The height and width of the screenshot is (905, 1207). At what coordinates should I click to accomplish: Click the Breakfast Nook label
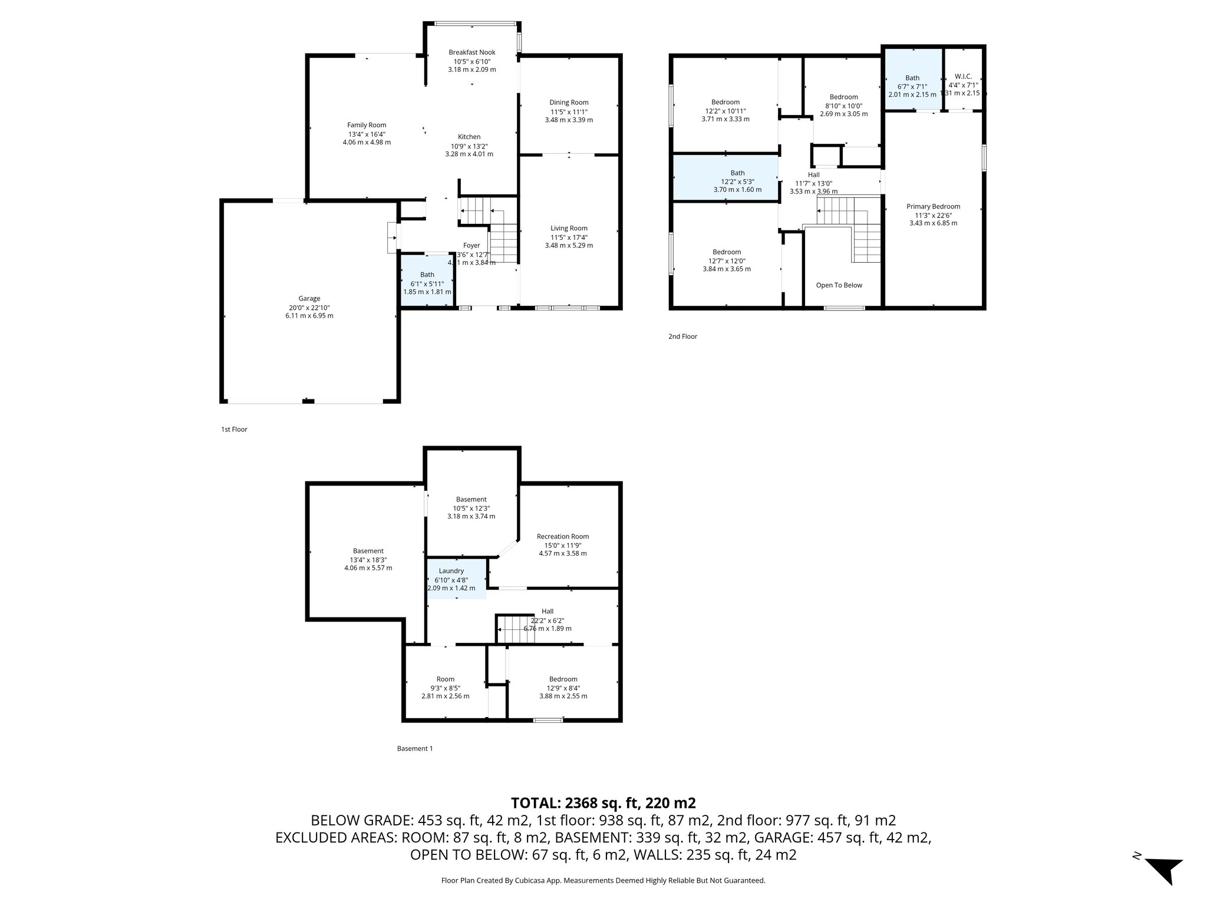point(471,52)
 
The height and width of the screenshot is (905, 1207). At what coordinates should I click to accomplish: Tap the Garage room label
point(309,299)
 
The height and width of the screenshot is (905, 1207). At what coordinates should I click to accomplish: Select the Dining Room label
point(569,103)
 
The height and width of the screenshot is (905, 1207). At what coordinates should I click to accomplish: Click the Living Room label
point(569,229)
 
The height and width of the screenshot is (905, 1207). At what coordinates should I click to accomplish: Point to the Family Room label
point(367,125)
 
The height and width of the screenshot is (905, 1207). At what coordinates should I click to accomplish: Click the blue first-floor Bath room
point(427,281)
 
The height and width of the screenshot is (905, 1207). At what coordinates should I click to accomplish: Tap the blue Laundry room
point(456,579)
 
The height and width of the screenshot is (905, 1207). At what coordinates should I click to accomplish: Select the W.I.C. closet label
point(963,77)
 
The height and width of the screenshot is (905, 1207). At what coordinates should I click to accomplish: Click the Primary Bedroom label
point(933,207)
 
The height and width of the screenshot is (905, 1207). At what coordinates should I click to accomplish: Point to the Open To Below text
point(839,285)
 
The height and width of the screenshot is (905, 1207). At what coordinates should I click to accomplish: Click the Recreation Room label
point(563,537)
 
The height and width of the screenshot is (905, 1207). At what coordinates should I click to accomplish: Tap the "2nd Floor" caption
point(682,336)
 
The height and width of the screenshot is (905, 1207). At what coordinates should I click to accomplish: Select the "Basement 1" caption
point(415,749)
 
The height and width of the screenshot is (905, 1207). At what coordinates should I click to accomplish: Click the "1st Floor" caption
point(234,430)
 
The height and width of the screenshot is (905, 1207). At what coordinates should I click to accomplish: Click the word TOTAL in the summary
point(535,803)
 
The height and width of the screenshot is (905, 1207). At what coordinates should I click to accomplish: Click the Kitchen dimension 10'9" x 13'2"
point(469,146)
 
